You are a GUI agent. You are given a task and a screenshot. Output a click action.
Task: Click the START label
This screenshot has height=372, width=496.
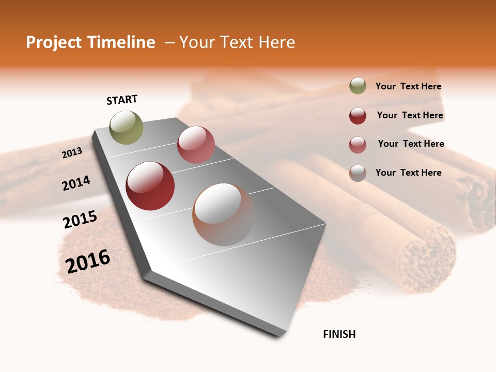(122, 100)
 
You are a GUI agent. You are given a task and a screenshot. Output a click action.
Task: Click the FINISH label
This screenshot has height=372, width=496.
(339, 334)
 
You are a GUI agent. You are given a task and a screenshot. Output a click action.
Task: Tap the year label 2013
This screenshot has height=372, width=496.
(72, 152)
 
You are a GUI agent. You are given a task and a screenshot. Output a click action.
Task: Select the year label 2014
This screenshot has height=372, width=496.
(76, 183)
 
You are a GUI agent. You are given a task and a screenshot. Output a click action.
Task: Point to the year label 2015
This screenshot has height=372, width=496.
(80, 220)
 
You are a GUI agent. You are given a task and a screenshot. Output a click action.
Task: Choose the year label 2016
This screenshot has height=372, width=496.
(88, 261)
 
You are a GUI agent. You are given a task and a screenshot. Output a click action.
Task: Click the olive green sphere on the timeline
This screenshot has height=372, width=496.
(127, 127)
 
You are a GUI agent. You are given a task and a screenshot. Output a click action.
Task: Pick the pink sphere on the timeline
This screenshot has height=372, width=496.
(196, 144)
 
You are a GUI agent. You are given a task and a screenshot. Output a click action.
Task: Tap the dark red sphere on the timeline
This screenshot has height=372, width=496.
(150, 186)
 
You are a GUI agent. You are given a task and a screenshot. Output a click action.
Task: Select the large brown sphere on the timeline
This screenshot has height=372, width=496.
(224, 214)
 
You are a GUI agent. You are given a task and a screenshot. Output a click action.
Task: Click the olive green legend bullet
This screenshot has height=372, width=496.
(358, 86)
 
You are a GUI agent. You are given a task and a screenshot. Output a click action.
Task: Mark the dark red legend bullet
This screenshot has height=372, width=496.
(358, 116)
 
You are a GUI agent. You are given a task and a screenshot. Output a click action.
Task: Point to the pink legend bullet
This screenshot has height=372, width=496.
(358, 145)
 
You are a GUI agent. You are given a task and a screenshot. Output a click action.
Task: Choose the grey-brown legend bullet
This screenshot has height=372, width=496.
(358, 173)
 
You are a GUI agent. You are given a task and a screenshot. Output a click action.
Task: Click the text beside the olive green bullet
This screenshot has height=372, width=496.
(408, 87)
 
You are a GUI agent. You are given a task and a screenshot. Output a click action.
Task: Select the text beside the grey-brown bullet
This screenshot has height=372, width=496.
(408, 173)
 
